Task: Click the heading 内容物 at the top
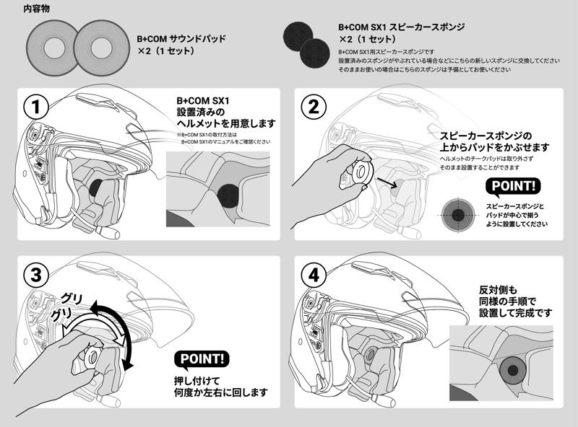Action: pyautogui.click(x=37, y=9)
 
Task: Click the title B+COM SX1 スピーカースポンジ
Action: pyautogui.click(x=402, y=27)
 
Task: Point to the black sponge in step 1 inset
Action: pyautogui.click(x=229, y=194)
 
